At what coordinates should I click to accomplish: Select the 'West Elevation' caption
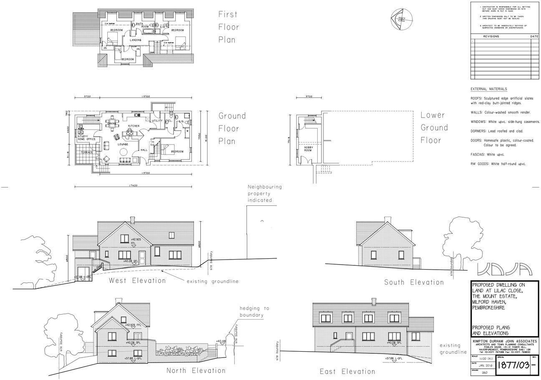pyautogui.click(x=137, y=280)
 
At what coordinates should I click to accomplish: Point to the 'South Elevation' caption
pyautogui.click(x=414, y=282)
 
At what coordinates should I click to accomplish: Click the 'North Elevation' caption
pyautogui.click(x=196, y=370)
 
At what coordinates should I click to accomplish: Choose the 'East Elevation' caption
pyautogui.click(x=347, y=371)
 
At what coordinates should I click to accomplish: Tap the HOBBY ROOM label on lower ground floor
pyautogui.click(x=308, y=149)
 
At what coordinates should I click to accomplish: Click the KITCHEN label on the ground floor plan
pyautogui.click(x=134, y=125)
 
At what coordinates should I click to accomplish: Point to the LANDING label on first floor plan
pyautogui.click(x=135, y=40)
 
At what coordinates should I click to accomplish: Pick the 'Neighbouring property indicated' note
pyautogui.click(x=265, y=193)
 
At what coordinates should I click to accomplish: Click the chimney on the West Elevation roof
pyautogui.click(x=133, y=219)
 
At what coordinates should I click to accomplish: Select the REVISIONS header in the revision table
pyautogui.click(x=491, y=37)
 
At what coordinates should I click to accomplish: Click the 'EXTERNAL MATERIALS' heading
pyautogui.click(x=489, y=89)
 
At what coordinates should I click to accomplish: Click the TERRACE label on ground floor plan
pyautogui.click(x=87, y=152)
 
